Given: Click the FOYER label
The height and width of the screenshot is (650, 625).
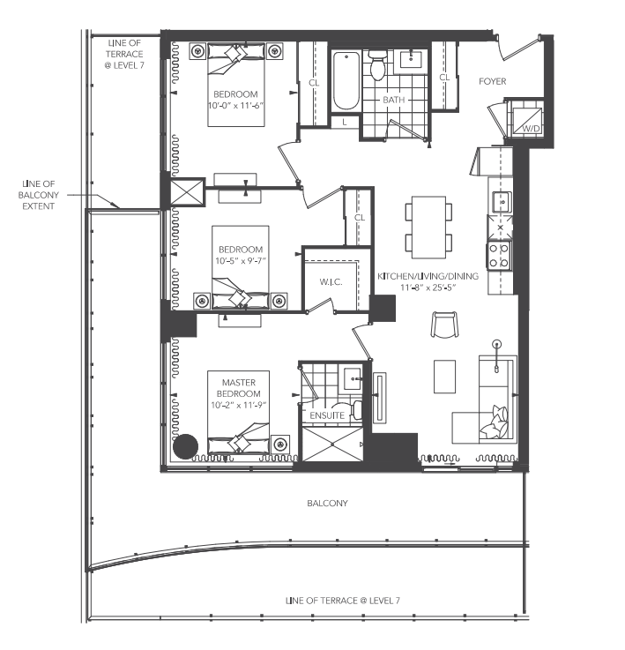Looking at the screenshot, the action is [x=493, y=81].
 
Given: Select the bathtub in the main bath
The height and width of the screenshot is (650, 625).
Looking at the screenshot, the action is [x=346, y=81].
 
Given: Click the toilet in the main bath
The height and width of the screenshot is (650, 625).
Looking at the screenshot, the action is [x=377, y=65].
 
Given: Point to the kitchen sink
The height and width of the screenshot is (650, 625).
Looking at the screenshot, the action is [x=502, y=202].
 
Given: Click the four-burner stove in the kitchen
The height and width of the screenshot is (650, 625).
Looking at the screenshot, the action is [x=499, y=256].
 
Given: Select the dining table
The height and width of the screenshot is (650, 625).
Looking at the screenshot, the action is [x=428, y=228].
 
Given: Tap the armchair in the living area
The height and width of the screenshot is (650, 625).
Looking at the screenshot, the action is [x=444, y=325].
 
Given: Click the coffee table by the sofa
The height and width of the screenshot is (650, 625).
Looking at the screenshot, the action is [x=444, y=377].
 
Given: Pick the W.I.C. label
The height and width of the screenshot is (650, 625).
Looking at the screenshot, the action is [x=331, y=282].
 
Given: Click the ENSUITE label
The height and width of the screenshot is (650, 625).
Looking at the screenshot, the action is [x=327, y=415].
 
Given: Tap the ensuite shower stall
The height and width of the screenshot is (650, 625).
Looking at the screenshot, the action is [x=333, y=445].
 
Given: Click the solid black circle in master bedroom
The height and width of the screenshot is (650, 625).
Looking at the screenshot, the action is [x=185, y=446].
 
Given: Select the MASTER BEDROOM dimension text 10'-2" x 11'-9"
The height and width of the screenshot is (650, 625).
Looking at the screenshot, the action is [x=238, y=405].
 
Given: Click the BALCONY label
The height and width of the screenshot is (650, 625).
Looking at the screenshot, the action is [x=327, y=504].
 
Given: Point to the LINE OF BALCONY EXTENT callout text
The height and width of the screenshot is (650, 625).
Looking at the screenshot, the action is [x=38, y=195].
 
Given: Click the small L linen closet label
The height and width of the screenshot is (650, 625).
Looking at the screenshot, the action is [x=345, y=123].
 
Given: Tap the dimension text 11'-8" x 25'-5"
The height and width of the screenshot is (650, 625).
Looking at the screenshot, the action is [x=428, y=288].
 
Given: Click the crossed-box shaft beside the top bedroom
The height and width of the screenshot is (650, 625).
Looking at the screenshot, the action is [x=188, y=192].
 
